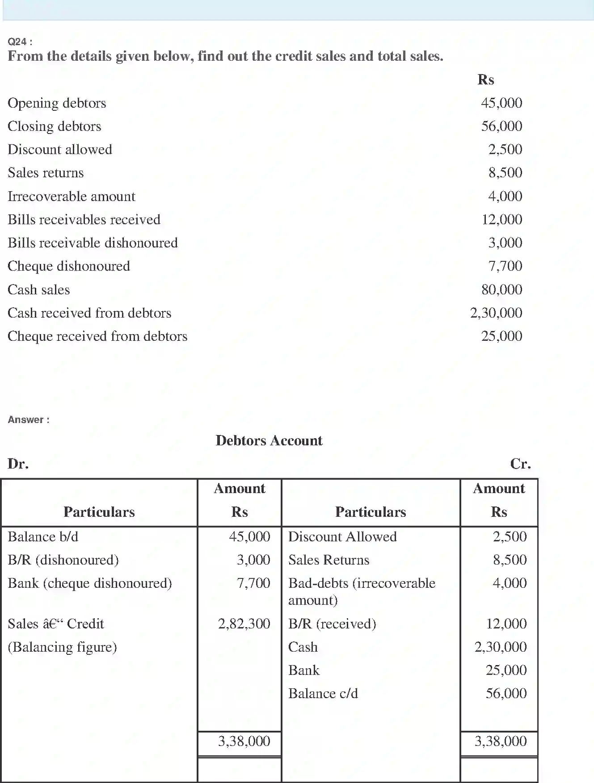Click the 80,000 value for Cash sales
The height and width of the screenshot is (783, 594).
501,289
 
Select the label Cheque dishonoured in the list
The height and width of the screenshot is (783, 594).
69,266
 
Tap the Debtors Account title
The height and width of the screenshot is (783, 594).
269,440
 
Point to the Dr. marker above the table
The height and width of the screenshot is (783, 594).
18,464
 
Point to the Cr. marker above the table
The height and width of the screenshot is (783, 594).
520,464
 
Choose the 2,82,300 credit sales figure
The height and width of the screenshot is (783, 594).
244,624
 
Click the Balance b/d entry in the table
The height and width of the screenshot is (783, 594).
43,536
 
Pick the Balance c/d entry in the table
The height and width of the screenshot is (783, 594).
323,693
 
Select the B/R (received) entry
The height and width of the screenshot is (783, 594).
332,624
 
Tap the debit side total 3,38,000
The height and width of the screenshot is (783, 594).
244,741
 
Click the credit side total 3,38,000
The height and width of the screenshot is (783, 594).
501,741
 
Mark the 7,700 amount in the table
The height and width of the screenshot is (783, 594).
253,583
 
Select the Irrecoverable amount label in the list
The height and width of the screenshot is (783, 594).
72,197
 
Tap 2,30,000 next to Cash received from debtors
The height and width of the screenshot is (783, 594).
496,313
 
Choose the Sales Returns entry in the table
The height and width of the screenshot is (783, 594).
329,560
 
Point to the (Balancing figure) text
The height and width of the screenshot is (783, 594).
63,647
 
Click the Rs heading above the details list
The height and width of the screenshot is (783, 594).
486,80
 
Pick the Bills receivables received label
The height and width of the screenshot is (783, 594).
84,220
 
